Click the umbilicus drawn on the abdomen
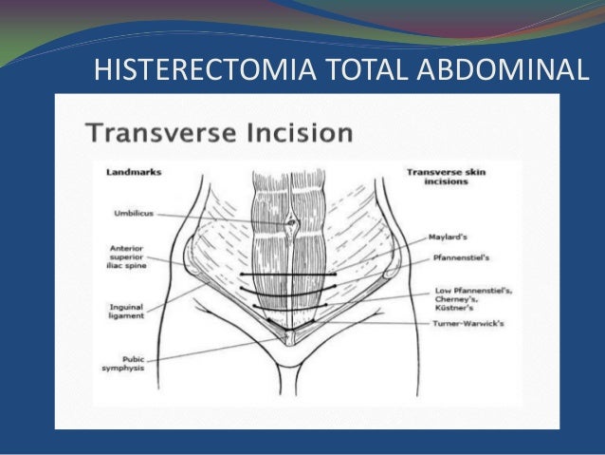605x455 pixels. (x=291, y=225)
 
